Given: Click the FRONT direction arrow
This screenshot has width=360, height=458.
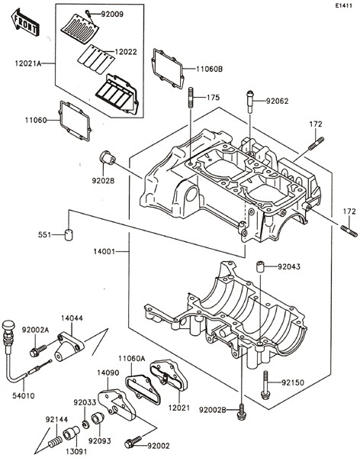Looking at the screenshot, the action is (24, 23).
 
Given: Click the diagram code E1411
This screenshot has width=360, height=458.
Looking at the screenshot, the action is (344, 5).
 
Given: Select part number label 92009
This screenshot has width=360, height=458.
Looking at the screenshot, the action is (112, 14).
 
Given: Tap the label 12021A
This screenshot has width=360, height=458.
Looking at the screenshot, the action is (28, 63).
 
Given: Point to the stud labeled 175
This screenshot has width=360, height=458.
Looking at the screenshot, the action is (191, 98).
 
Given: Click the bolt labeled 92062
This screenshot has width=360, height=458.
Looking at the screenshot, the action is (250, 101).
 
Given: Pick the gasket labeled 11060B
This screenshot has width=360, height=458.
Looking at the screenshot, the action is (168, 69).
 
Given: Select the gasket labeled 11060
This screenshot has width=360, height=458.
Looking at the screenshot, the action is (76, 121).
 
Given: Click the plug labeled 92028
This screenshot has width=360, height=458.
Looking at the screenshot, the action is (107, 157).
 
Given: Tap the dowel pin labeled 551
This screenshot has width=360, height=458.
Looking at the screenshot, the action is (69, 235).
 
